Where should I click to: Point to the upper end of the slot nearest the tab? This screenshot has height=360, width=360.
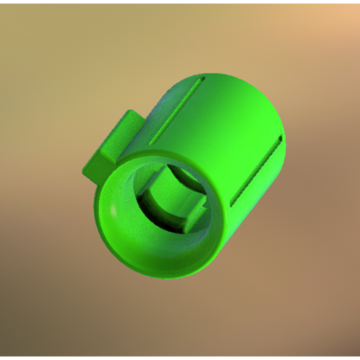[x=201, y=80]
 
